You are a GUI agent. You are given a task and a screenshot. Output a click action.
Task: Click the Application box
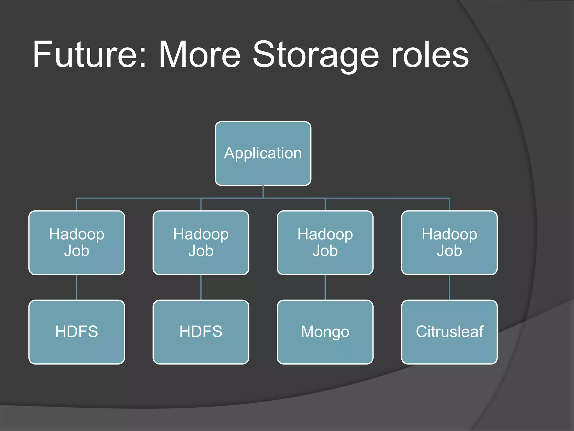pyautogui.click(x=263, y=153)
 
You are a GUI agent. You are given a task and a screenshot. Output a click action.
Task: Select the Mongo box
pyautogui.click(x=325, y=332)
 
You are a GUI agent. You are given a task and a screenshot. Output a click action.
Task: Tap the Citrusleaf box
pyautogui.click(x=449, y=332)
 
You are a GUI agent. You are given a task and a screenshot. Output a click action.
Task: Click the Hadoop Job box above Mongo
pyautogui.click(x=325, y=243)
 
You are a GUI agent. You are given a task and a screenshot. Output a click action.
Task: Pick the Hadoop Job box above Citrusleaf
pyautogui.click(x=449, y=243)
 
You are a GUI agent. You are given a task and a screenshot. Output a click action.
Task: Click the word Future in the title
pyautogui.click(x=84, y=55)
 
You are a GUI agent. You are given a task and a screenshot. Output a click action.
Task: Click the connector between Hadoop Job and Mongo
pyautogui.click(x=325, y=287)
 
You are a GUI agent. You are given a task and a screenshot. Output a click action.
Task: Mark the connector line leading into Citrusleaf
pyautogui.click(x=449, y=287)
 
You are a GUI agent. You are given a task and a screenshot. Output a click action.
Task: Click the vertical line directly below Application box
pyautogui.click(x=263, y=192)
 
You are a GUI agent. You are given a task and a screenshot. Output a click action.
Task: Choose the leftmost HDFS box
pyautogui.click(x=77, y=332)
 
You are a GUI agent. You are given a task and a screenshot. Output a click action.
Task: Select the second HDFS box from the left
pyautogui.click(x=201, y=332)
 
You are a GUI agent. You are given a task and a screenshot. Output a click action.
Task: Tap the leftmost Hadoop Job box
pyautogui.click(x=77, y=243)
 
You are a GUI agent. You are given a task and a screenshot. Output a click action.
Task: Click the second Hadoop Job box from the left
pyautogui.click(x=201, y=243)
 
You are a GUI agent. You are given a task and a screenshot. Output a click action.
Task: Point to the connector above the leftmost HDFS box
pyautogui.click(x=77, y=287)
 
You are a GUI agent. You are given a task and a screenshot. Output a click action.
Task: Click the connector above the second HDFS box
pyautogui.click(x=201, y=287)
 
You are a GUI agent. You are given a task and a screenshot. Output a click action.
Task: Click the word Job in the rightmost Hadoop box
pyautogui.click(x=449, y=251)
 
